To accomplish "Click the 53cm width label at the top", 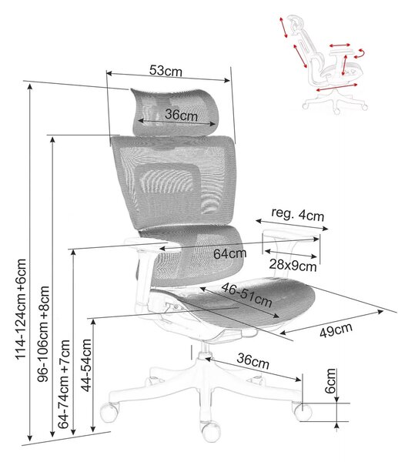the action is (166, 70).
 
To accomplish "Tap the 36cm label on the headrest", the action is (181, 115).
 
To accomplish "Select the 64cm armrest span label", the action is (229, 253).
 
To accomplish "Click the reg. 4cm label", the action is (298, 214).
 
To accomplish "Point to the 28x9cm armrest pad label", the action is (293, 266).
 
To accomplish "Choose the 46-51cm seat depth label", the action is (246, 295).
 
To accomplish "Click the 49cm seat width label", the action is (336, 330).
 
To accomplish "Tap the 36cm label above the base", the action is (253, 360).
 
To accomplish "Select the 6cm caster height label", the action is (330, 380).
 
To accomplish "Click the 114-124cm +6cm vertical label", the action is (22, 309).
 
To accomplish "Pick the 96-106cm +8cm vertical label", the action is (43, 334).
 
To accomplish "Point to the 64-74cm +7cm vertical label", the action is (64, 384).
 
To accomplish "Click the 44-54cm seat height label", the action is (86, 365).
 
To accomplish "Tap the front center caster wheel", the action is (211, 432).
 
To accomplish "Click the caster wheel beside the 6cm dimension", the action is (303, 411).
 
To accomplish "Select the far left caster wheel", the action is (109, 412).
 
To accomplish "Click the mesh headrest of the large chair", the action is (176, 112).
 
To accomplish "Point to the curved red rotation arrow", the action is (360, 54).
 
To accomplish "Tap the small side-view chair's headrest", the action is (296, 24).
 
